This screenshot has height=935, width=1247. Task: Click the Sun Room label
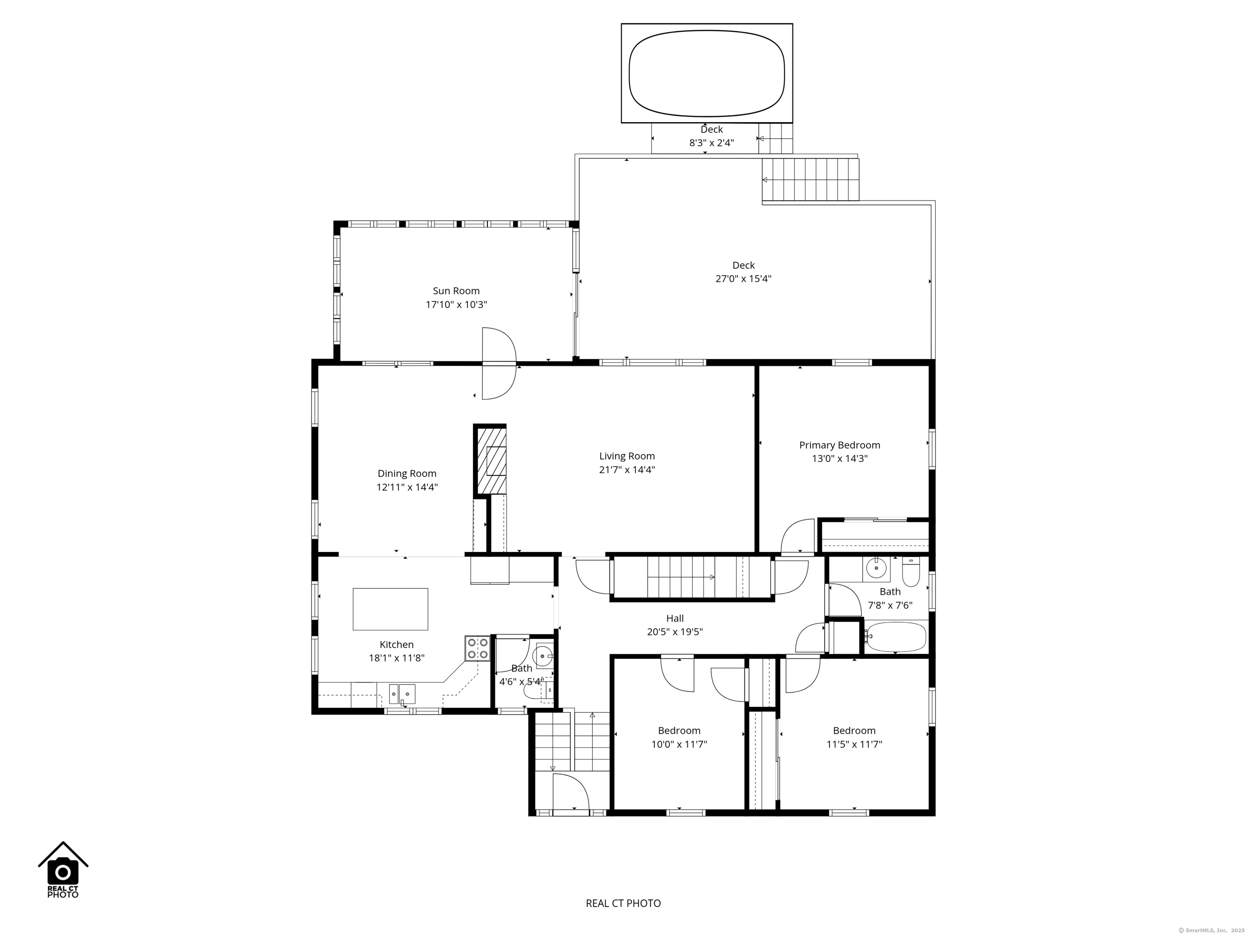[456, 291]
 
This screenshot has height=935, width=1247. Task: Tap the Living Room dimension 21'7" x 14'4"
[627, 470]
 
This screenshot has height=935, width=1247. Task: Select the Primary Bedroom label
[839, 445]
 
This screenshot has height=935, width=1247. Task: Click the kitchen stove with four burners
[477, 648]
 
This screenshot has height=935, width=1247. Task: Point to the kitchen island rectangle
[390, 609]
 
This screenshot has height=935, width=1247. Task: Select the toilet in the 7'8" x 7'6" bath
[911, 571]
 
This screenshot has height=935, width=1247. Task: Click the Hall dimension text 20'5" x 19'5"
[675, 632]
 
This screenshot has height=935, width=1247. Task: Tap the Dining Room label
[407, 474]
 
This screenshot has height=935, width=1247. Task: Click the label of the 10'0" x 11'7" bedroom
[679, 730]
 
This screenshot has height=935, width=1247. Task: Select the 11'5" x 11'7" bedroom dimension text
[854, 744]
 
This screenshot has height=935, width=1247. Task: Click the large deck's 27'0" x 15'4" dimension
[744, 278]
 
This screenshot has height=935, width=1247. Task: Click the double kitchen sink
[402, 694]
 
